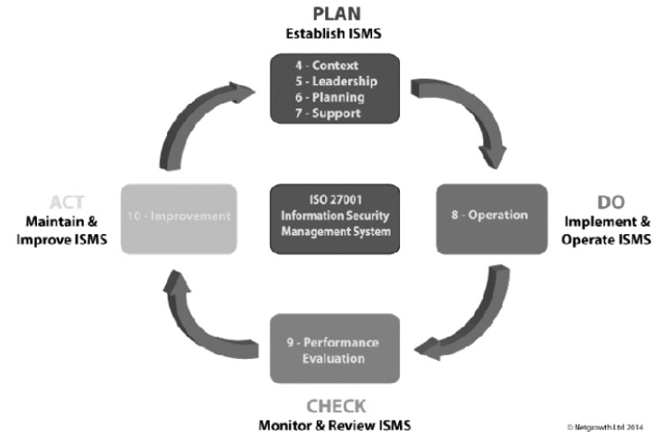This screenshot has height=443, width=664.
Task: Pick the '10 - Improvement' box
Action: [178, 217]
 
